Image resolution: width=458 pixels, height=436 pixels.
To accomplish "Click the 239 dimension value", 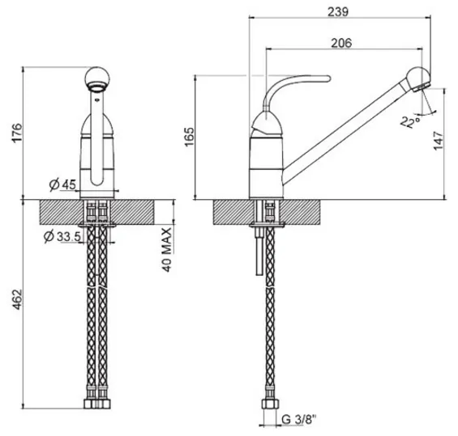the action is click(x=338, y=11).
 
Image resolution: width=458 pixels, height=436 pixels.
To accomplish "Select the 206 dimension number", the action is click(x=341, y=43).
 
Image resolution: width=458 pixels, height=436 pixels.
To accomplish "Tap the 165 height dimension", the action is click(x=190, y=137).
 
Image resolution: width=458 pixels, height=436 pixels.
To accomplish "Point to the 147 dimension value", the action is click(x=439, y=141).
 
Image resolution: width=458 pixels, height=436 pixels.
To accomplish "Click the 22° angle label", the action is click(x=410, y=122).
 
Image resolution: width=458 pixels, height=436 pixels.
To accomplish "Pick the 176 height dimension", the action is click(x=17, y=133).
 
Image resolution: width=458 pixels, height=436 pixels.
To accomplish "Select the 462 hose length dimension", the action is click(x=17, y=299).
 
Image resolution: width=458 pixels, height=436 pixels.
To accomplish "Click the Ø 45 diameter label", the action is click(x=62, y=184).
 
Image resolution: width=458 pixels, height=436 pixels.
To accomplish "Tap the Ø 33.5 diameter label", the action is click(x=62, y=236).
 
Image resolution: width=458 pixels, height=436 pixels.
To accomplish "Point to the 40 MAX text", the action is click(x=167, y=250).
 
